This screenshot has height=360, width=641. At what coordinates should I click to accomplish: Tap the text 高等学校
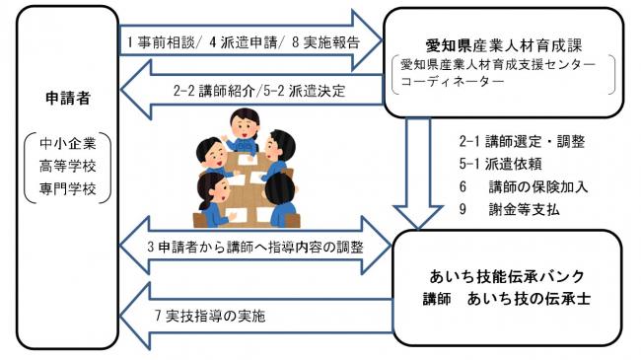[x=67, y=168]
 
